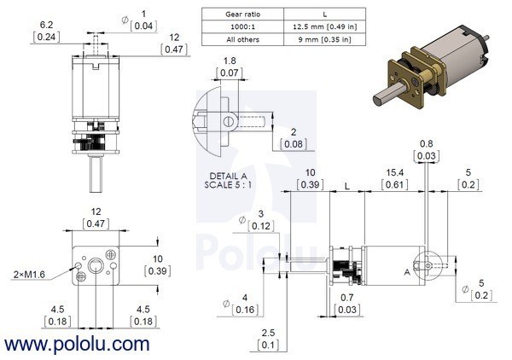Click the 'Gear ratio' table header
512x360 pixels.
[242, 15]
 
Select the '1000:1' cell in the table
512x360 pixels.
[242, 26]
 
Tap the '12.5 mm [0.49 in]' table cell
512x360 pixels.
[324, 26]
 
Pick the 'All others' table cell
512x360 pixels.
[242, 39]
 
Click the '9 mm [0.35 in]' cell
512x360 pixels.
[324, 39]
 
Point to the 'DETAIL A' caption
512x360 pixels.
[228, 177]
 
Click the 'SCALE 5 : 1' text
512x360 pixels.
[228, 185]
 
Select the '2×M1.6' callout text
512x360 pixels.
[29, 275]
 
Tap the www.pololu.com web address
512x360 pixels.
[77, 345]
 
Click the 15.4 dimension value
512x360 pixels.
[395, 172]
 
